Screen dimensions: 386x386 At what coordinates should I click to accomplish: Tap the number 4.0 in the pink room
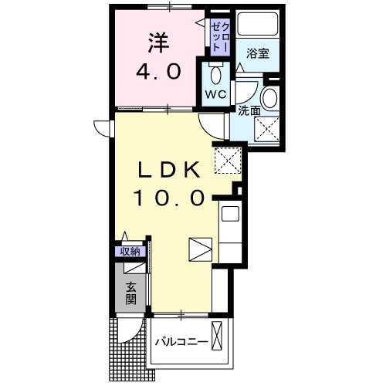160,71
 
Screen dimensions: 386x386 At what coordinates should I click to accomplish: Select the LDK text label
171,170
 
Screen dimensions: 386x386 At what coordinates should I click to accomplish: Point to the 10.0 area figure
171,199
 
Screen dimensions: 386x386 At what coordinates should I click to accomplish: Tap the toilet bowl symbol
216,75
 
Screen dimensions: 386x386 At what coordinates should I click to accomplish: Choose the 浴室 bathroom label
257,53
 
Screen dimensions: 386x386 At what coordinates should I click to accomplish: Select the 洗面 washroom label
249,111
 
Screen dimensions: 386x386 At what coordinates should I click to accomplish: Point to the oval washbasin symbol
270,99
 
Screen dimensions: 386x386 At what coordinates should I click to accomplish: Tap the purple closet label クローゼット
219,36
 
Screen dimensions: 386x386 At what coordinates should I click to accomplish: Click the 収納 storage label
129,250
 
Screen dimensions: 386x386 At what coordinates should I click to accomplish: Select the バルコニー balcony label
181,340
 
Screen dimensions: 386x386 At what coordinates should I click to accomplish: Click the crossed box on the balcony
219,338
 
